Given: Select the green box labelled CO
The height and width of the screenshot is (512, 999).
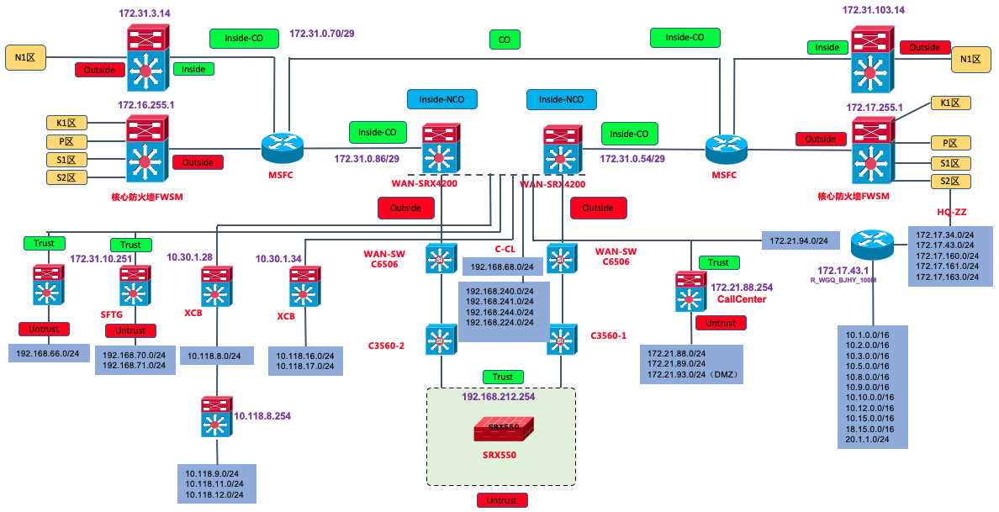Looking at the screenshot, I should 505,39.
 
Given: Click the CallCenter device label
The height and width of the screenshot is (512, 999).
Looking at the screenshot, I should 742,299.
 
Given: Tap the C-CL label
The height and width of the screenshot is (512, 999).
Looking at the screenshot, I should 505,249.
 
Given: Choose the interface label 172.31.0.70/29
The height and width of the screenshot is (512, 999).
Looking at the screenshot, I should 323,34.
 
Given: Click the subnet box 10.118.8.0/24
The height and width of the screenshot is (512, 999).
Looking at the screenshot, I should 214,356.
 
